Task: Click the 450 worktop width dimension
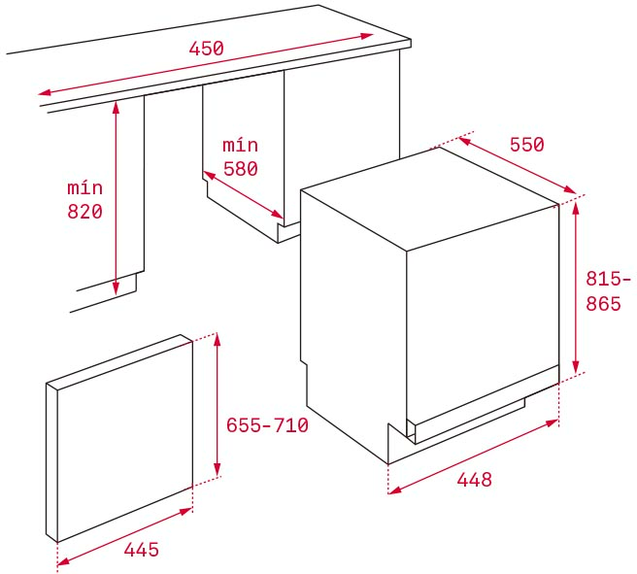[207, 49]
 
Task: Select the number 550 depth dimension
[527, 145]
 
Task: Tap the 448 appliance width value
[475, 480]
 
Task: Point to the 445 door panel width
[142, 550]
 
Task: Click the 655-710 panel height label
[267, 425]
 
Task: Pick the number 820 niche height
[84, 212]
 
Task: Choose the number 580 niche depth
[241, 169]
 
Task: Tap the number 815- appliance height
[608, 279]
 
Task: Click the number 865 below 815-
[603, 304]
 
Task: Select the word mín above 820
[84, 187]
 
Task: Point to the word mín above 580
[241, 145]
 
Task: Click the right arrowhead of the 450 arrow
[367, 36]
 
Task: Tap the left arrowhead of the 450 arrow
[45, 92]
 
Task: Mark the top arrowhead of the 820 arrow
[117, 107]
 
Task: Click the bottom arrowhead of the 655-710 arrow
[218, 469]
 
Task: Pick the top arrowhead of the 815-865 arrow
[575, 209]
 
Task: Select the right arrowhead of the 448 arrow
[553, 423]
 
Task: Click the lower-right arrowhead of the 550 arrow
[570, 190]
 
